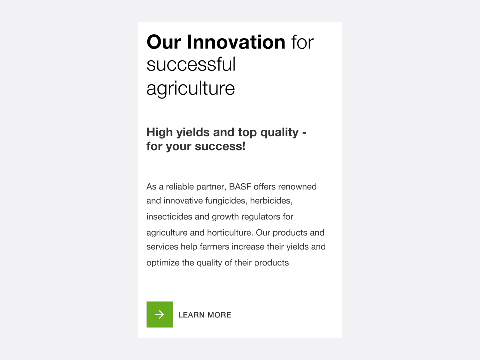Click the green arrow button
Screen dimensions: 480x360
160,314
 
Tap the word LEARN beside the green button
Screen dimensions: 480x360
191,315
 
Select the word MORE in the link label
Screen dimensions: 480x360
219,315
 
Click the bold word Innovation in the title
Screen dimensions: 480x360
236,42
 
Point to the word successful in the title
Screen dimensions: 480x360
191,65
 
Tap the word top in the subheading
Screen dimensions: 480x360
247,133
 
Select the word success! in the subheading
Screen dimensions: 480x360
220,146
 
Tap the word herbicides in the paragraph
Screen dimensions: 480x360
271,201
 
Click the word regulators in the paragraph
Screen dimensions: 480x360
261,217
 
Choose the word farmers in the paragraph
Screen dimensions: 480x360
214,246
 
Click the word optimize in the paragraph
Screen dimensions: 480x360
163,263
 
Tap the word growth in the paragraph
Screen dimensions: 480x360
225,217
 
